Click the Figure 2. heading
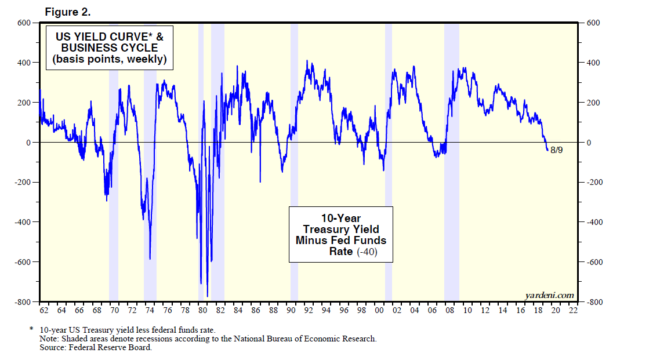coord(68,12)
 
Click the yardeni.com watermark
coord(549,295)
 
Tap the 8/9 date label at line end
coord(556,150)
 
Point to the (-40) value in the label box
coord(366,252)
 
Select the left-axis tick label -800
coord(23,302)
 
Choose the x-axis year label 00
coord(379,311)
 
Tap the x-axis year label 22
coord(574,311)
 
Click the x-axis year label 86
coord(256,311)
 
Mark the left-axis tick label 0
coord(27,143)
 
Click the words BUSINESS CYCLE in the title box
coord(109,48)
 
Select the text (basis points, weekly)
coord(109,59)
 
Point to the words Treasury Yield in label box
coord(341,229)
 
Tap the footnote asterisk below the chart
coord(31,329)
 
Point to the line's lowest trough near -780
coord(207,296)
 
